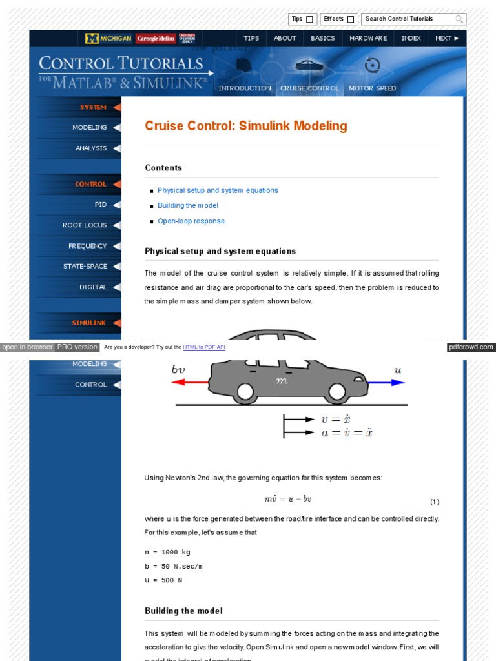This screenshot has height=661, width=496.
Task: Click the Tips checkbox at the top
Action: point(309,19)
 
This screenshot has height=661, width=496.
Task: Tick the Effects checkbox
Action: point(351,19)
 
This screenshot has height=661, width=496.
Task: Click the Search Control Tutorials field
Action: point(408,19)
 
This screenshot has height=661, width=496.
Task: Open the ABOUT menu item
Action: point(285,38)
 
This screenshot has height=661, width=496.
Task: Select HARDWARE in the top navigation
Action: point(368,38)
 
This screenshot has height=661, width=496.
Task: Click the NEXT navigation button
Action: point(447,38)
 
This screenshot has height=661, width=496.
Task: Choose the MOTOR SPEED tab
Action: point(372,88)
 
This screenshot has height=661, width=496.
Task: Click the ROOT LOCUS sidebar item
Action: point(85,225)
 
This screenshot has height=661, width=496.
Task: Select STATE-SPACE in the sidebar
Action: point(85,267)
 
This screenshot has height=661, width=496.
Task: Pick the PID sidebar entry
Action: point(101,205)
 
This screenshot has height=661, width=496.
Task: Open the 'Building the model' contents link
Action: point(188,206)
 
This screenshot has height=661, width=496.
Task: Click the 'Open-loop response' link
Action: point(191,221)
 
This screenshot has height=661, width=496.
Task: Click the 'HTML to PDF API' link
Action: point(203,347)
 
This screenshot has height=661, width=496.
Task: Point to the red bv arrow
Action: point(190,382)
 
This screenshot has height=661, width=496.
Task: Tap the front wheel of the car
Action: point(336,391)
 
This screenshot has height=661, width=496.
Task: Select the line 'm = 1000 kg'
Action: point(167,553)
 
